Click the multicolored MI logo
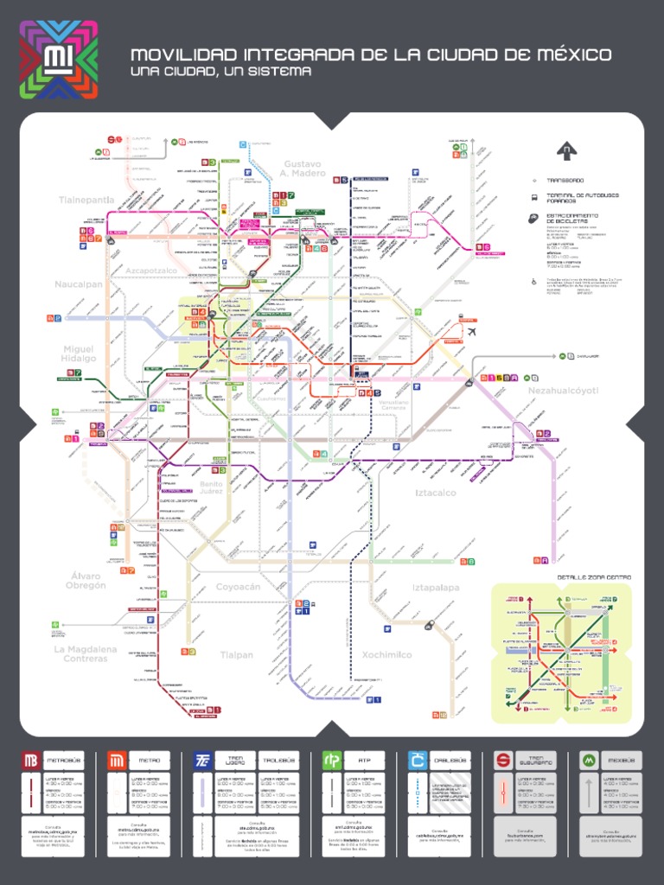59,59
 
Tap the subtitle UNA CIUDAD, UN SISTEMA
220,72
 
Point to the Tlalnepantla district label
86,200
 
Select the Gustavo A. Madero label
303,169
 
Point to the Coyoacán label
238,587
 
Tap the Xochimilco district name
386,654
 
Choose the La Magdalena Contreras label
85,653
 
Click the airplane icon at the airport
472,331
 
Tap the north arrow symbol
566,151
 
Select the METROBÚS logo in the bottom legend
31,760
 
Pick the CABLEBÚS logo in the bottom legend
418,760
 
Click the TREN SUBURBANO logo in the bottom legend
503,760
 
